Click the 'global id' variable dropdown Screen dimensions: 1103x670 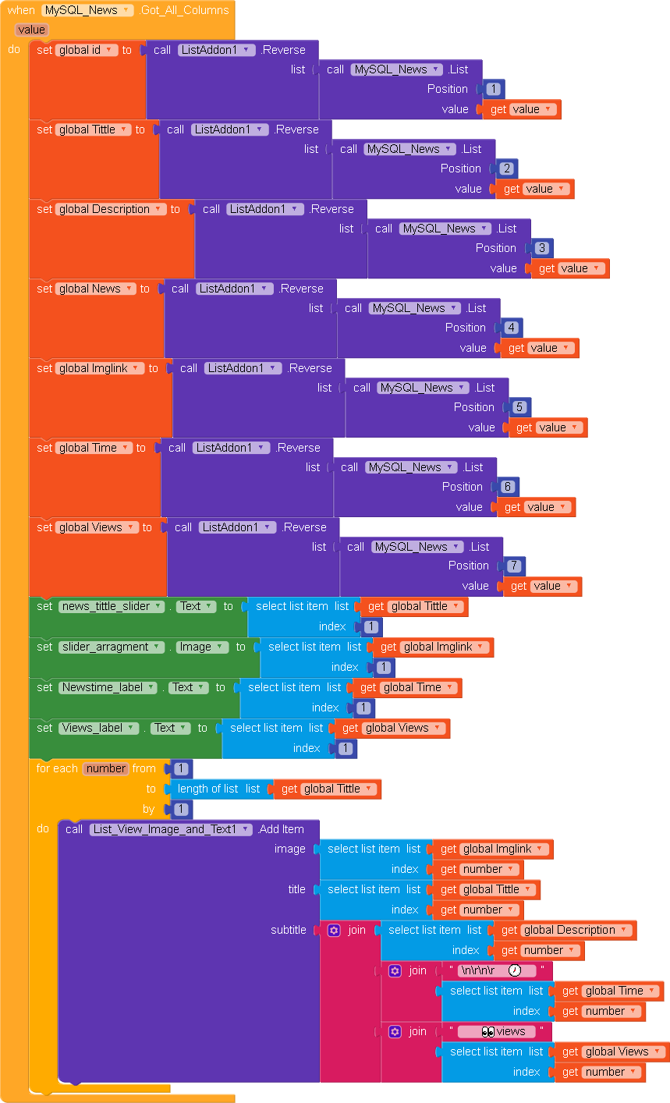click(87, 50)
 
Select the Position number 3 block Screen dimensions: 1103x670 click(542, 248)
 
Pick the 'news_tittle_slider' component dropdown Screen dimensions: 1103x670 click(112, 606)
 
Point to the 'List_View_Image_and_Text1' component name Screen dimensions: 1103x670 click(171, 829)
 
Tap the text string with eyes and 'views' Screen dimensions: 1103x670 click(497, 1031)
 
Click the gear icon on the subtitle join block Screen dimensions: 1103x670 click(334, 930)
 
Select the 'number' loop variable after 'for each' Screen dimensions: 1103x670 click(106, 768)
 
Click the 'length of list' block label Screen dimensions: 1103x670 click(208, 789)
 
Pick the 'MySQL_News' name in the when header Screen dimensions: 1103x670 click(87, 10)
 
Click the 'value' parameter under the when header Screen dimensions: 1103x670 click(31, 30)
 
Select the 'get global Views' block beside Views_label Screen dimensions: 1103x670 click(394, 728)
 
